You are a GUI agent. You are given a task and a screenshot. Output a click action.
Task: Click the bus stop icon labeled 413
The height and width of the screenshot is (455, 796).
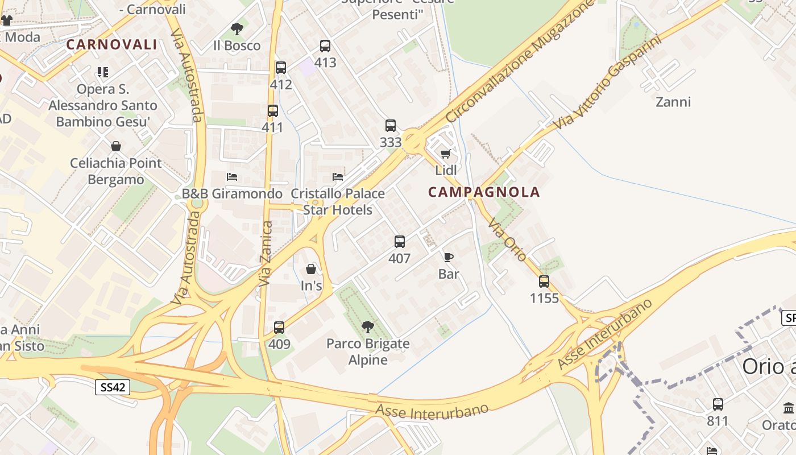[325, 46]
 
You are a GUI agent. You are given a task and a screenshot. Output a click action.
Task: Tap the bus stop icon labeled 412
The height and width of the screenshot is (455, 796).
[281, 68]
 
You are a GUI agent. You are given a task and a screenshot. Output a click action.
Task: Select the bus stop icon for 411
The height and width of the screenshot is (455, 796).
[273, 111]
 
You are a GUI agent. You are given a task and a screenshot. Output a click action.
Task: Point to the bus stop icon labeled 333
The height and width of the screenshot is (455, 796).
[391, 126]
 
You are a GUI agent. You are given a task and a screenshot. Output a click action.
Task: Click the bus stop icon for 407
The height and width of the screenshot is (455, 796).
[400, 242]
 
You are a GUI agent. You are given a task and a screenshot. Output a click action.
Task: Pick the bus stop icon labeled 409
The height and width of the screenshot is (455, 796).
[279, 328]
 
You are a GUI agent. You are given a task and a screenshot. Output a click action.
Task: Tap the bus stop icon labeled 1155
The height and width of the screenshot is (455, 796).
[544, 282]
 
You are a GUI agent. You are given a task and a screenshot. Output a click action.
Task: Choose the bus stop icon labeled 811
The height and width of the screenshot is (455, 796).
[718, 404]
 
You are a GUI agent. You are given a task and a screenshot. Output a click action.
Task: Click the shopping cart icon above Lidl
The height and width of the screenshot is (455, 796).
[446, 154]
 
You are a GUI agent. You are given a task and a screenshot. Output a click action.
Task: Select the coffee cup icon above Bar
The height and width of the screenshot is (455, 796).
[449, 258]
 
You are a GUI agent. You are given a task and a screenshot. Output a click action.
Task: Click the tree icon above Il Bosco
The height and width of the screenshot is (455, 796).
[237, 29]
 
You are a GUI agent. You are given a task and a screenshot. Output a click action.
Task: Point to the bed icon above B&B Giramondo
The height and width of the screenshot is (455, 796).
[232, 177]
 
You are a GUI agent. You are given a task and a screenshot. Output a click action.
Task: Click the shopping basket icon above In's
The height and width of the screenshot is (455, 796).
[311, 269]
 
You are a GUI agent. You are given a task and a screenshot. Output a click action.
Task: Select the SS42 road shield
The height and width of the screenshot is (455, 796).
[112, 388]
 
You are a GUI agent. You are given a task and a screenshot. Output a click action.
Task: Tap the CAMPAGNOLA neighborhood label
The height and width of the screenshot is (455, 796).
[484, 192]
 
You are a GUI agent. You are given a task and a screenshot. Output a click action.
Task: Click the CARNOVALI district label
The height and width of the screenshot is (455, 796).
[111, 44]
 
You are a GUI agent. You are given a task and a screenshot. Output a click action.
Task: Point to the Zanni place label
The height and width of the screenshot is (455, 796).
[673, 102]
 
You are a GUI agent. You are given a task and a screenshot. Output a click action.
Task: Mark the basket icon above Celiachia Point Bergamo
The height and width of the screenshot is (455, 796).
[116, 146]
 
